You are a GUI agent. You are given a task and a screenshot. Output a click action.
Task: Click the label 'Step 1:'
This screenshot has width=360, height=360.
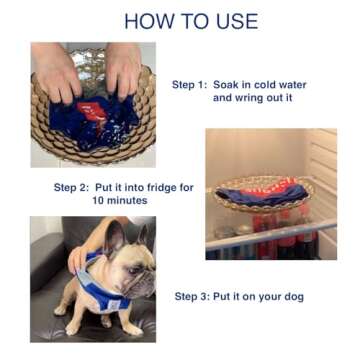click(x=189, y=85)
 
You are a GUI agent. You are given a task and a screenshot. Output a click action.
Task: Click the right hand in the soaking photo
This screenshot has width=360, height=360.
click(x=124, y=68)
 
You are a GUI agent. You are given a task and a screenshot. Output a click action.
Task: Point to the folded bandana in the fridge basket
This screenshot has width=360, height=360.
click(x=262, y=187)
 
